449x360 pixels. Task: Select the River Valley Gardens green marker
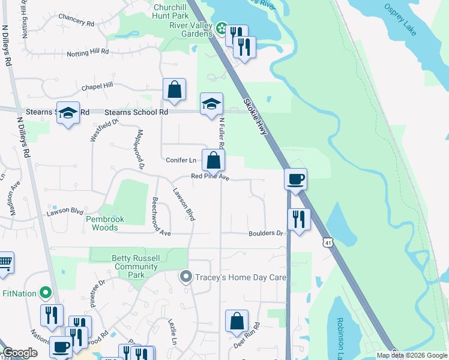[221, 28]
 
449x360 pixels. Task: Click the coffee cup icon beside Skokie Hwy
[295, 179]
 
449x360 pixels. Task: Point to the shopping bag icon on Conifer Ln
[213, 160]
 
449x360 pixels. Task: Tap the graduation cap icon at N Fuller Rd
[211, 104]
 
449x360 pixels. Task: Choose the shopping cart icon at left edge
[4, 262]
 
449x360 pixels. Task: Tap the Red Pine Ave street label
[210, 177]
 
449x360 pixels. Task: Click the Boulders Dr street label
[265, 233]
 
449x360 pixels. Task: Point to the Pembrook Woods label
[105, 223]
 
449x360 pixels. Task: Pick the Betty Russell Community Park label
[136, 266]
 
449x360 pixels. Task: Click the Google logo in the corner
[20, 353]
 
